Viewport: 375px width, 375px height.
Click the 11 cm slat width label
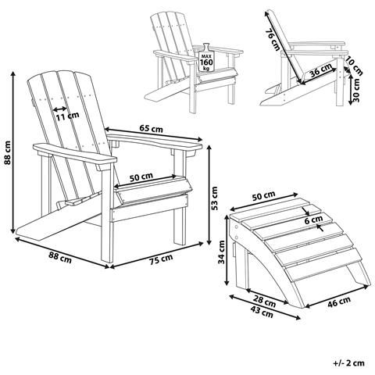pyautogui.click(x=67, y=116)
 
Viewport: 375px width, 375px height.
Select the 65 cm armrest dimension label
pyautogui.click(x=151, y=128)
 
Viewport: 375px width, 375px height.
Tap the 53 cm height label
pyautogui.click(x=215, y=198)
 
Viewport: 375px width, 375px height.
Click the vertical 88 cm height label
pyautogui.click(x=7, y=153)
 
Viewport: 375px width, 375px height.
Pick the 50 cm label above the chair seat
pyautogui.click(x=141, y=177)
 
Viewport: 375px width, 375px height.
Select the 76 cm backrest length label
pyautogui.click(x=273, y=39)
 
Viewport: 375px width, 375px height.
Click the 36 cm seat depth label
pyautogui.click(x=321, y=70)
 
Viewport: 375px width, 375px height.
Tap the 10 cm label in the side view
pyautogui.click(x=354, y=66)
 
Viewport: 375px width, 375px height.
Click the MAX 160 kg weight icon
pyautogui.click(x=206, y=58)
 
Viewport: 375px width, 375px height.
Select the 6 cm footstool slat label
pyautogui.click(x=313, y=220)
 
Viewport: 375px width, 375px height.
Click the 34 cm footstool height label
pyautogui.click(x=221, y=252)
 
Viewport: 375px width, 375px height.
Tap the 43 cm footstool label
pyautogui.click(x=262, y=312)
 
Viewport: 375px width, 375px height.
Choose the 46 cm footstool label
pyautogui.click(x=338, y=302)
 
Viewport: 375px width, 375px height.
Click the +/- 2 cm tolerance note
pyautogui.click(x=349, y=362)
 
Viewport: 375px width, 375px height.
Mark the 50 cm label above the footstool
pyautogui.click(x=264, y=195)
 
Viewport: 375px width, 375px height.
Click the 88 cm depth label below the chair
pyautogui.click(x=60, y=257)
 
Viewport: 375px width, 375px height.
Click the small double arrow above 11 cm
pyautogui.click(x=60, y=109)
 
